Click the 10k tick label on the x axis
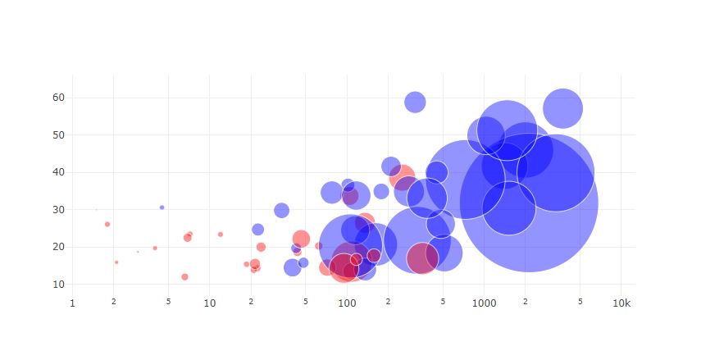tap(621, 303)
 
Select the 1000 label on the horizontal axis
tap(484, 303)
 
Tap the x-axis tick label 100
tap(347, 303)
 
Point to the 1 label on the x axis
tap(72, 303)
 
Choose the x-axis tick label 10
tap(209, 303)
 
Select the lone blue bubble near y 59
tap(415, 102)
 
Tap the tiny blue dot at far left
tap(162, 207)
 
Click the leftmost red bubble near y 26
tap(107, 224)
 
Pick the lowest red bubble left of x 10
tap(184, 276)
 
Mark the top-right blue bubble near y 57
tap(562, 108)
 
